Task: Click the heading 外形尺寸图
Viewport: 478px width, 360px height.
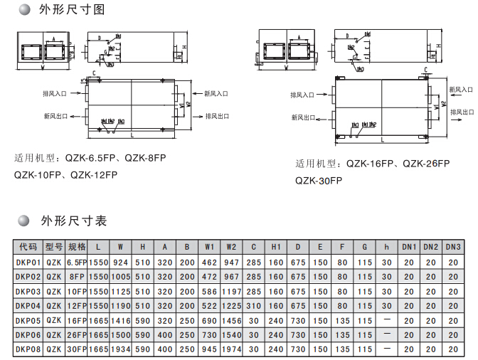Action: [74, 11]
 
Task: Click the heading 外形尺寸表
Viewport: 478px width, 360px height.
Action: [74, 221]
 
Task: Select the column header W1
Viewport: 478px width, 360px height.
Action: [209, 247]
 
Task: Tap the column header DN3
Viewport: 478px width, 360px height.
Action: [454, 247]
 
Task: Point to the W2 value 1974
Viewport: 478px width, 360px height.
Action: [231, 349]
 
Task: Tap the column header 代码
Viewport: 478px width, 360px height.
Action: [28, 247]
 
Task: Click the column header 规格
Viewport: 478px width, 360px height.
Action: [76, 247]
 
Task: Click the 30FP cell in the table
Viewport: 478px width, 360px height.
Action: [76, 349]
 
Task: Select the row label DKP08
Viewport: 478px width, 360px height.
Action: [28, 349]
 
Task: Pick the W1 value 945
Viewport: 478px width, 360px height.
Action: [209, 349]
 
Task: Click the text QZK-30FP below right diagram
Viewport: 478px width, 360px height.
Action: [319, 181]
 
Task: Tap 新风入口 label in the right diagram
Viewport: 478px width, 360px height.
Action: [461, 90]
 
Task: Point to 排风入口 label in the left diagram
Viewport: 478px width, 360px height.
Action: [55, 93]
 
